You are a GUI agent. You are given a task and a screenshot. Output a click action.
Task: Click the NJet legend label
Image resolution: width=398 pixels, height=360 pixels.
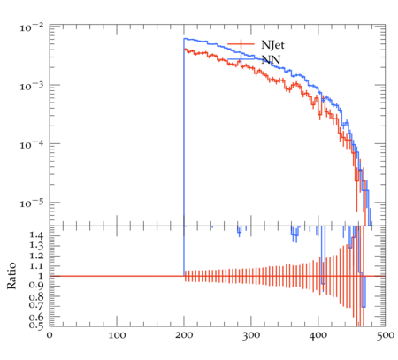[272, 45]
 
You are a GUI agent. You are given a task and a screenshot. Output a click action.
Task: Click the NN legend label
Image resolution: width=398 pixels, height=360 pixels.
[271, 60]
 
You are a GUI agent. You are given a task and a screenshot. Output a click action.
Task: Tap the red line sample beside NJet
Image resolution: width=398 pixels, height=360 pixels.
[241, 44]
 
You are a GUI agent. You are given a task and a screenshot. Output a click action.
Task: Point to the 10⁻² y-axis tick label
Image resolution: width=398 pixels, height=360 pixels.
[32, 27]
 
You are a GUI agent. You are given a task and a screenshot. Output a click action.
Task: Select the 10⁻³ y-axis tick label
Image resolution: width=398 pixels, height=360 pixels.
[32, 86]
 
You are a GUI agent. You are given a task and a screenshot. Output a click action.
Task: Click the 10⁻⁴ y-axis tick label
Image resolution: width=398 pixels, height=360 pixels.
[32, 145]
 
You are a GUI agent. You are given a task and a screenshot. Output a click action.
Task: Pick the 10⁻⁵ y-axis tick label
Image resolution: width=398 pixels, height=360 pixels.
[32, 203]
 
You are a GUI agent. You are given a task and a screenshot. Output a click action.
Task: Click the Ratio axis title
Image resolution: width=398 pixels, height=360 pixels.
[11, 276]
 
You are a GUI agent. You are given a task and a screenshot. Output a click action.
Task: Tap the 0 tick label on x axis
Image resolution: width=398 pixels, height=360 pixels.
[50, 335]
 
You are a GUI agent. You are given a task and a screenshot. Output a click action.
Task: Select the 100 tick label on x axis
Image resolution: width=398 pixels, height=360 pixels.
[117, 335]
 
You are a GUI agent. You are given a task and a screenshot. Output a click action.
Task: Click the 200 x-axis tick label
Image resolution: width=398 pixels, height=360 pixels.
[184, 335]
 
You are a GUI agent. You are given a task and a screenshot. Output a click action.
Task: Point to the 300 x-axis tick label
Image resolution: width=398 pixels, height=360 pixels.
[251, 335]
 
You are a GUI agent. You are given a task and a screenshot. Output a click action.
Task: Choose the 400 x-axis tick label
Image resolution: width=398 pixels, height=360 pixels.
[318, 335]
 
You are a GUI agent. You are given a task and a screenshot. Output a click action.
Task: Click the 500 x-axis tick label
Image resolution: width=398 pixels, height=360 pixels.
[386, 335]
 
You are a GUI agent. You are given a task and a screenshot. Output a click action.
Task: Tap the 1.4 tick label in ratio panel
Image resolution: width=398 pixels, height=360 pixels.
[36, 235]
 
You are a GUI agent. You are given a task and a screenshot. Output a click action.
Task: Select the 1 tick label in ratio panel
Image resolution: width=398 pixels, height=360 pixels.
[41, 276]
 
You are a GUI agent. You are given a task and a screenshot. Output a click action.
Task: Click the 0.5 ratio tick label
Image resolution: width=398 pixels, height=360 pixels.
[36, 325]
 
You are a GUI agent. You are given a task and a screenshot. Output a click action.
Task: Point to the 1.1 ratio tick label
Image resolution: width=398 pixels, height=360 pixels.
[36, 266]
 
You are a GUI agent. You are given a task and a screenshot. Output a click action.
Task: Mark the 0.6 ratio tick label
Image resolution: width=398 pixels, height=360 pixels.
[36, 317]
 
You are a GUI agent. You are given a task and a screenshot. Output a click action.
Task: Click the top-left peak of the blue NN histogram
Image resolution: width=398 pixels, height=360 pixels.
[184, 39]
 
